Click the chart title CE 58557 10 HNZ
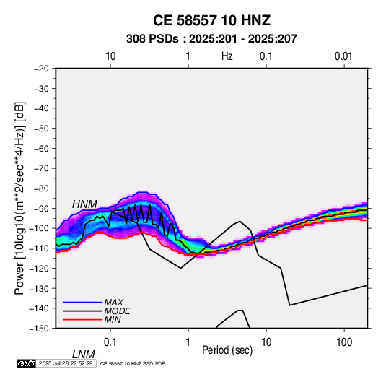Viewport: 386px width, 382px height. tap(211, 20)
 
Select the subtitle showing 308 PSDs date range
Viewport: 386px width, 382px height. tap(211, 39)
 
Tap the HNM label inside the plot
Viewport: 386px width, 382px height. tap(84, 204)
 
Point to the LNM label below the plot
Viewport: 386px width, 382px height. tap(84, 355)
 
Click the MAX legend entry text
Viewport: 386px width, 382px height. tap(113, 303)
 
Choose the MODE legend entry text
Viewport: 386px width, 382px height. tap(117, 311)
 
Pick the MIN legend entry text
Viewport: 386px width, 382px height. tap(113, 320)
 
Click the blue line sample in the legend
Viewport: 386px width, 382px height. tap(83, 303)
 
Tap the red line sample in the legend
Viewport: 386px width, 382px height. tap(83, 320)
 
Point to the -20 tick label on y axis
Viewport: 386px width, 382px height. tap(41, 69)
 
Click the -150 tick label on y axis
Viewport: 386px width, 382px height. tap(39, 329)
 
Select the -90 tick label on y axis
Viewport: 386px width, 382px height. tap(41, 208)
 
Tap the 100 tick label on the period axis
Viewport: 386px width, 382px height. tap(344, 342)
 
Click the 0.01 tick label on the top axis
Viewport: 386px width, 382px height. tap(343, 56)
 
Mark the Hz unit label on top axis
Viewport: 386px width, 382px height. tap(227, 56)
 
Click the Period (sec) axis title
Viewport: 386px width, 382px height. tap(227, 350)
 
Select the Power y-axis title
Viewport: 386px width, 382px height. tap(19, 199)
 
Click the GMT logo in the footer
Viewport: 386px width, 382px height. tap(27, 363)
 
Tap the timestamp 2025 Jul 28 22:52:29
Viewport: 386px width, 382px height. tap(66, 363)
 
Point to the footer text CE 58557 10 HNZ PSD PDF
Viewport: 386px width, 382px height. tap(133, 363)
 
